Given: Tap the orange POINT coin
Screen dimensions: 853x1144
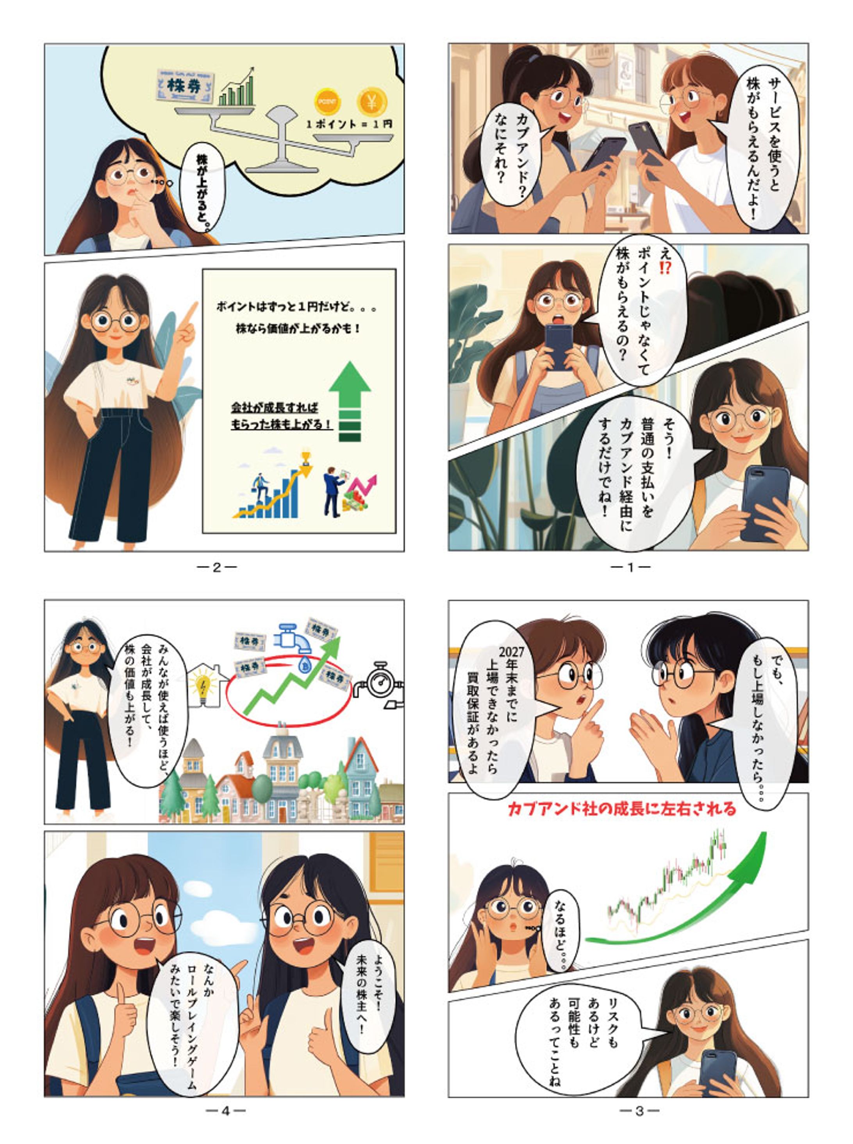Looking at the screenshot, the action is [328, 102].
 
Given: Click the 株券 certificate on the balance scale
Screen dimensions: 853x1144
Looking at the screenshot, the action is [186, 86].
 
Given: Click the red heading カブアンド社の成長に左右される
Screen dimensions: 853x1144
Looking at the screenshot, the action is [622, 809].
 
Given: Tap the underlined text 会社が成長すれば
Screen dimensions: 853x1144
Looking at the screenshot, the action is [274, 408].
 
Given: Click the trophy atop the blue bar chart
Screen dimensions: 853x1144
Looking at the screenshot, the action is [306, 457].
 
